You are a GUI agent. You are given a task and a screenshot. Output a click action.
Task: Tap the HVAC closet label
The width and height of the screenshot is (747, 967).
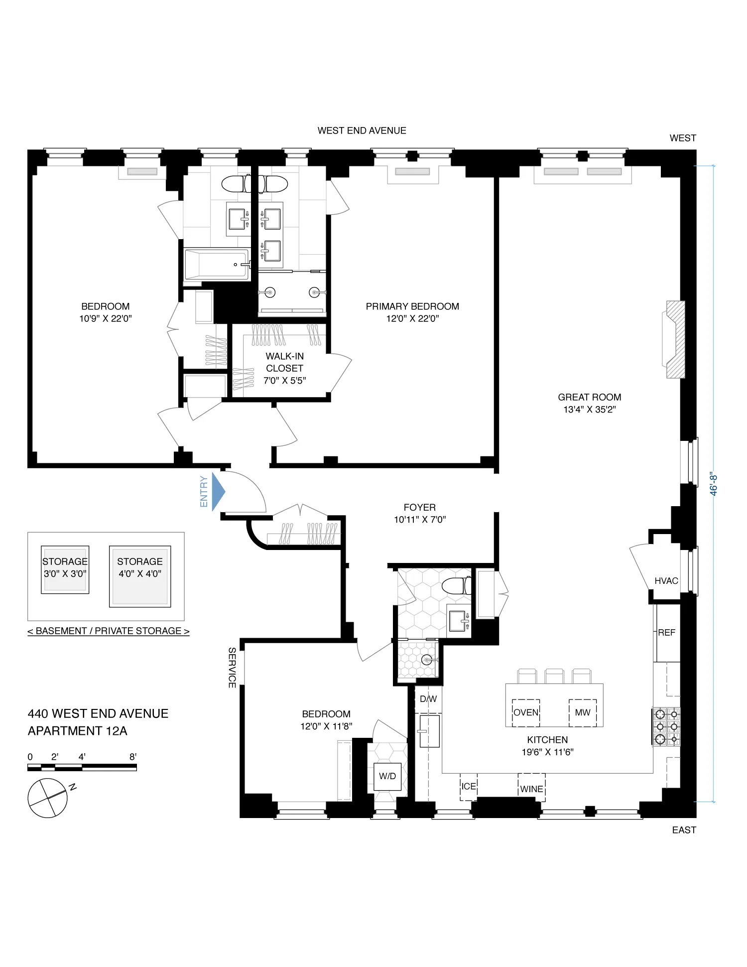point(666,581)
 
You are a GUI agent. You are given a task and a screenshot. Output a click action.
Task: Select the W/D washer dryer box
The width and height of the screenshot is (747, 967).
point(387,776)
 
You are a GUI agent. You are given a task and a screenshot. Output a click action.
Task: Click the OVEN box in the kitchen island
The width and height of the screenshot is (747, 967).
point(526,713)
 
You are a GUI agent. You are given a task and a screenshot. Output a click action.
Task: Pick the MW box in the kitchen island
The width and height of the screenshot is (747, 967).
point(583,713)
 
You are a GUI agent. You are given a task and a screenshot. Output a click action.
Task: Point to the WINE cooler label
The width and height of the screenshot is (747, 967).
point(531,789)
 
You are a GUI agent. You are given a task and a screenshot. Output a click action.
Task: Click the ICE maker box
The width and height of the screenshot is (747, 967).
point(469,787)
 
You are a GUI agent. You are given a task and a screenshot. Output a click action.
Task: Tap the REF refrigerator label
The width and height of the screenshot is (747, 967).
point(666,633)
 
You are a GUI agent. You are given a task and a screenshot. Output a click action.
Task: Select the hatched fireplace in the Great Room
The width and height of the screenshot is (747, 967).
point(676,339)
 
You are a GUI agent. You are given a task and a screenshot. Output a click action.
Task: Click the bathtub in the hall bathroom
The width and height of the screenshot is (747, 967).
point(217,265)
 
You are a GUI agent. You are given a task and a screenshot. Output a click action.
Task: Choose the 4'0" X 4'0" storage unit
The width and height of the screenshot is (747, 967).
point(140,576)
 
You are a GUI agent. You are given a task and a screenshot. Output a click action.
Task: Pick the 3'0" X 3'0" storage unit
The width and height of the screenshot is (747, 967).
point(65,569)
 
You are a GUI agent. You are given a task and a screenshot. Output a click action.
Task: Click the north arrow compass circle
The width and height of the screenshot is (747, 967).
point(47,798)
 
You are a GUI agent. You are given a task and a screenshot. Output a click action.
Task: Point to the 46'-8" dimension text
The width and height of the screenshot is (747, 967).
point(714,484)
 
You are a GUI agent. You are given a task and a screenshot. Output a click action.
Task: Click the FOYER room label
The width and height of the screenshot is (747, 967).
point(419,508)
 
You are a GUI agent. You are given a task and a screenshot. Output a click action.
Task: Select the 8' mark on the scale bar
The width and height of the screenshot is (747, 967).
point(133,757)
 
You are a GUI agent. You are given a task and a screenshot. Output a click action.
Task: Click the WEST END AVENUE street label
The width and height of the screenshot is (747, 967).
point(362,131)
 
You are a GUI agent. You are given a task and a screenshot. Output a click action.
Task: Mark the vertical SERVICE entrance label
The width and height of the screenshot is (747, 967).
point(232,668)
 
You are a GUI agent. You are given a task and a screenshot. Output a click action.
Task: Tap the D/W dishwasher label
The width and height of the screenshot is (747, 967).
point(428,699)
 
